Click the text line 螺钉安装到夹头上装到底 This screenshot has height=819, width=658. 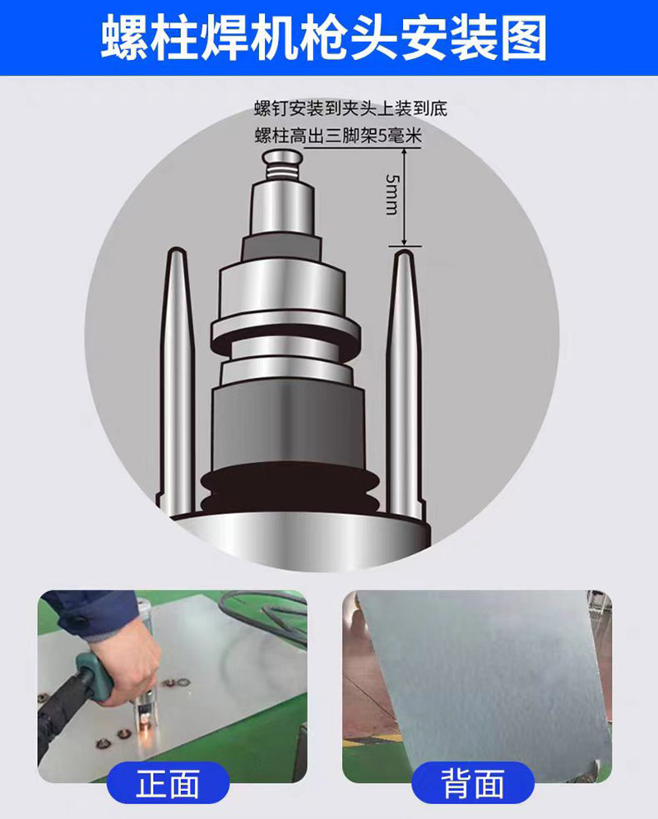pyautogui.click(x=350, y=109)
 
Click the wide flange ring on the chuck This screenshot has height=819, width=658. pyautogui.click(x=284, y=329)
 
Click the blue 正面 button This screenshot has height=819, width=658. pyautogui.click(x=169, y=784)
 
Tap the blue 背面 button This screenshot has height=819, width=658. pyautogui.click(x=472, y=784)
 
